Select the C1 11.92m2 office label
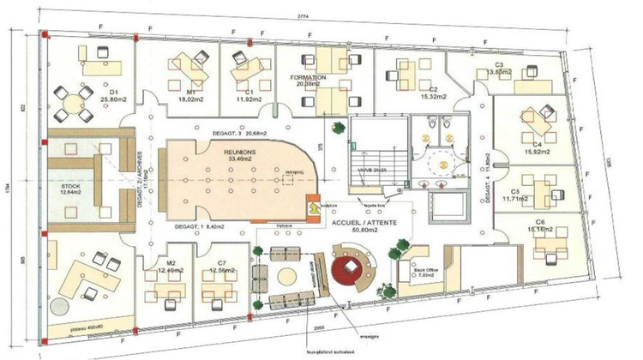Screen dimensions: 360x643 click(249, 94)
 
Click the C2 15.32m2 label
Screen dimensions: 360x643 click(429, 93)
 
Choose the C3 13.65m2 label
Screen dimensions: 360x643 click(499, 69)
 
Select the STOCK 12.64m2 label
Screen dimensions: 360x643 click(69, 189)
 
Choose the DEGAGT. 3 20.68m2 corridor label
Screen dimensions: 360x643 click(239, 134)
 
